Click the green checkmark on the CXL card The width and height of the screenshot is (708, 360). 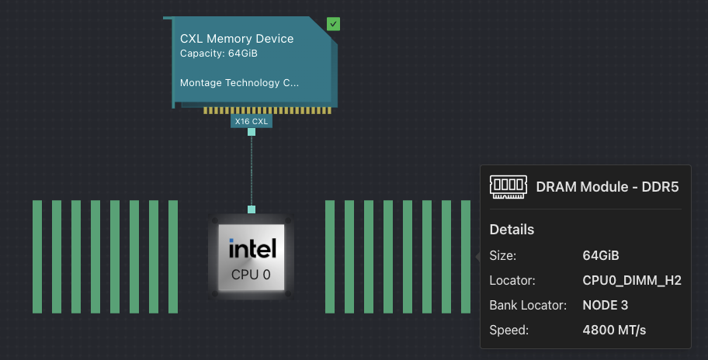pos(333,24)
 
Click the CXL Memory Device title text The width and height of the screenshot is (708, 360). pos(237,39)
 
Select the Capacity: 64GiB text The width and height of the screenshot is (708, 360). pos(218,54)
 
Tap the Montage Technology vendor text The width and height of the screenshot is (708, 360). pos(239,82)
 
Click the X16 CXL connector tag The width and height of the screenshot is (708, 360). pos(252,121)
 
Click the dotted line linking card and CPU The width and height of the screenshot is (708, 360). pos(252,171)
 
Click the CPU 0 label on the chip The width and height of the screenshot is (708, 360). pos(252,274)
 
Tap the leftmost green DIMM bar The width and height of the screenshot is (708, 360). pos(37,257)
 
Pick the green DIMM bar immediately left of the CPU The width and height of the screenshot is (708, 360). pos(173,257)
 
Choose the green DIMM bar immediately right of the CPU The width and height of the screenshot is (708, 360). pos(330,257)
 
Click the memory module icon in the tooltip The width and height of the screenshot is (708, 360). pos(507,186)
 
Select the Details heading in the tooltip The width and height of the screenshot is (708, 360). pos(512,230)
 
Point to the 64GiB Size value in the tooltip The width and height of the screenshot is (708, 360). pos(600,255)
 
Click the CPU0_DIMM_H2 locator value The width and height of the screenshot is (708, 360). pos(631,280)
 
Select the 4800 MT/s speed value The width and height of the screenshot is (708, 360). pos(613,331)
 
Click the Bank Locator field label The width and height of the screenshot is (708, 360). pos(528,305)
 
